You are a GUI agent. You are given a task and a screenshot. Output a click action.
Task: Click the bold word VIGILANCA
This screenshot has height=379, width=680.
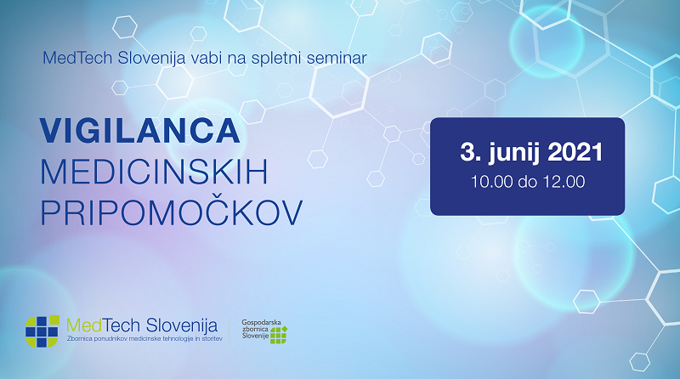(139, 131)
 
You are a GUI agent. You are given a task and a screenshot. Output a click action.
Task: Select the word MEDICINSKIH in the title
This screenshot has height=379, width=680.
(154, 173)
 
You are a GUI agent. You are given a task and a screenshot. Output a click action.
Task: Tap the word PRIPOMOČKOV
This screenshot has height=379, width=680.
(172, 212)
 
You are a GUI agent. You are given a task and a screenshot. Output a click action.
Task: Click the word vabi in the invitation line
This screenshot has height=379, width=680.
(206, 58)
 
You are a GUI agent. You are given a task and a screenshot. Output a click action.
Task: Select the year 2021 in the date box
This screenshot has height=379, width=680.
(575, 152)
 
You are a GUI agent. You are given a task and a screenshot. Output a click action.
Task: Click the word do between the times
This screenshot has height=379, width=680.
(527, 182)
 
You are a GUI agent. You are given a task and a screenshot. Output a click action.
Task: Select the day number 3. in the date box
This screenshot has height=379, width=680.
(471, 152)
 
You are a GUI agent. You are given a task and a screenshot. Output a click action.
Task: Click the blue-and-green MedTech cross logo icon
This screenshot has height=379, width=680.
(42, 331)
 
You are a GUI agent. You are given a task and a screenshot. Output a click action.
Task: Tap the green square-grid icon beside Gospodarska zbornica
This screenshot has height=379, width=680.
(279, 335)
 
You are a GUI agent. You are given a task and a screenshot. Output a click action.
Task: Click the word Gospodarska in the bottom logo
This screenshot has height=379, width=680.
(261, 323)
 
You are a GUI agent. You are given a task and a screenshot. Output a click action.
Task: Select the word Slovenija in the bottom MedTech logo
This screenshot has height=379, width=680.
(181, 326)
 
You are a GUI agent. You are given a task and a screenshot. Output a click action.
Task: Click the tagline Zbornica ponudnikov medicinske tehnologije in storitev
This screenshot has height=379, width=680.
(144, 339)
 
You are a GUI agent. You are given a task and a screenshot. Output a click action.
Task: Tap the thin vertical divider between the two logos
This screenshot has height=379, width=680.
(229, 331)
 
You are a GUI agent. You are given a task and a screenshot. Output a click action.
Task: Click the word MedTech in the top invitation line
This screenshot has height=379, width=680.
(77, 58)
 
